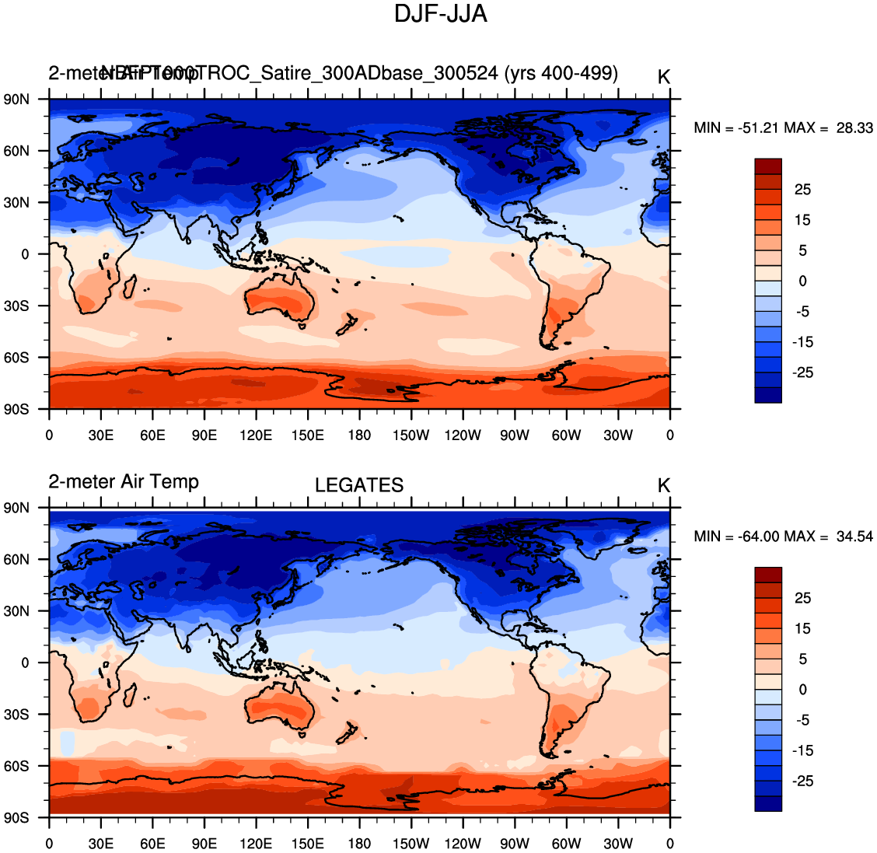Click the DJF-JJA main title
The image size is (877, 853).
pyautogui.click(x=440, y=15)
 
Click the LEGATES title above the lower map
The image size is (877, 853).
pyautogui.click(x=359, y=486)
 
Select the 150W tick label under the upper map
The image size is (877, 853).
pyautogui.click(x=411, y=435)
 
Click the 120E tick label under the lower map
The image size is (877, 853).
pyautogui.click(x=256, y=844)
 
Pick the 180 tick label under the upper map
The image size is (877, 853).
pyautogui.click(x=359, y=435)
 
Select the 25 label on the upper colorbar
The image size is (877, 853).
pyautogui.click(x=802, y=190)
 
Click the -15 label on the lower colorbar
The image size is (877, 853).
pyautogui.click(x=802, y=750)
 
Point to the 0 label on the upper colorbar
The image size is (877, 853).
pyautogui.click(x=802, y=281)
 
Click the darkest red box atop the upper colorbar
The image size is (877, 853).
pyautogui.click(x=768, y=166)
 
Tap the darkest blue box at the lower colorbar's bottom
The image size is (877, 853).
pyautogui.click(x=768, y=803)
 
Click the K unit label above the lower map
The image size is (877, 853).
pyautogui.click(x=663, y=486)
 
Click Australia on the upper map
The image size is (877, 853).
pyautogui.click(x=280, y=303)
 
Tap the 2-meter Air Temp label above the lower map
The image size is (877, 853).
pyautogui.click(x=124, y=482)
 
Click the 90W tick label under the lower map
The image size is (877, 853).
pyautogui.click(x=514, y=844)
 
